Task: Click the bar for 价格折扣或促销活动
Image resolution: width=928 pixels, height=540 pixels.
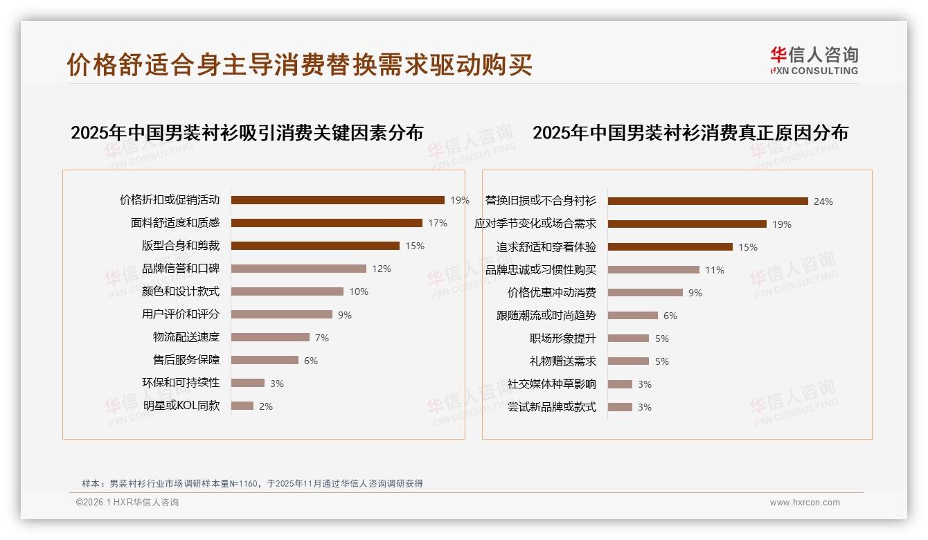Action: (337, 200)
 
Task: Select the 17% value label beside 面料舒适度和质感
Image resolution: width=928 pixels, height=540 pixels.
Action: (438, 223)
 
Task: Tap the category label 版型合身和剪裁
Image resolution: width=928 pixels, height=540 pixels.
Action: (181, 246)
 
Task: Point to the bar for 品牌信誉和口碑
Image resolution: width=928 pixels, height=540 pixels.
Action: (298, 269)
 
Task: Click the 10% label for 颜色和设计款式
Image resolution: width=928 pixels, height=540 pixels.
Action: (359, 291)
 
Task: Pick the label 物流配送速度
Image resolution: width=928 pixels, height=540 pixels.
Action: (186, 337)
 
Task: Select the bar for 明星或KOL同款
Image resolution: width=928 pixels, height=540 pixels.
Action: (242, 406)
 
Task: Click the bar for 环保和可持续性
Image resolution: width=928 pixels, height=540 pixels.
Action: (248, 383)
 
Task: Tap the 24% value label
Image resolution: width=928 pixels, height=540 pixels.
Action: (823, 201)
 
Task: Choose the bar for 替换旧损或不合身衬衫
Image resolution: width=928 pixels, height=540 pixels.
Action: (708, 201)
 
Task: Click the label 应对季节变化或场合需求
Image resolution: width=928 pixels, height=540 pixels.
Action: (535, 224)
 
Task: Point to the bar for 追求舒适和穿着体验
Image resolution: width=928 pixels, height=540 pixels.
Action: (670, 246)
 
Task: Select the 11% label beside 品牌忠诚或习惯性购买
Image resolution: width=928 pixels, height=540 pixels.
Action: (715, 270)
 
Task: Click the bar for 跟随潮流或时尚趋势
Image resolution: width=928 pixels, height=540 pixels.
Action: (632, 315)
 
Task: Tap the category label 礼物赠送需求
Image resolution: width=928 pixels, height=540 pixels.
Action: (563, 361)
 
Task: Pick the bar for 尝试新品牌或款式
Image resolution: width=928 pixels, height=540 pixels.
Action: (620, 407)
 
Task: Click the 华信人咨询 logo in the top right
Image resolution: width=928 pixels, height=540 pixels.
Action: (814, 60)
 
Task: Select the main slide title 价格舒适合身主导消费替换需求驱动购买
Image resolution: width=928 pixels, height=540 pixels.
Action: (299, 64)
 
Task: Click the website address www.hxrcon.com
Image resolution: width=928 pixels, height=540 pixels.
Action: (805, 503)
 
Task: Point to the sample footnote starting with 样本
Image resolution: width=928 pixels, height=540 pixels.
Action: (252, 484)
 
